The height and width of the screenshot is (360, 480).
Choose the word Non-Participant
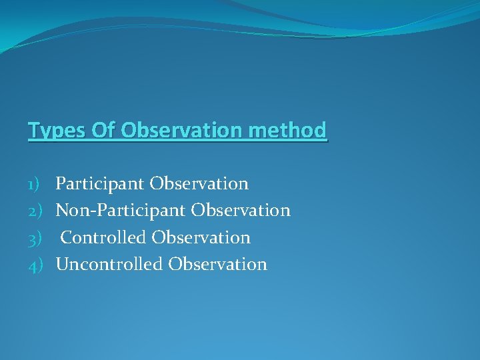click(x=121, y=211)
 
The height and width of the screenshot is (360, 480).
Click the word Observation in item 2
click(x=241, y=211)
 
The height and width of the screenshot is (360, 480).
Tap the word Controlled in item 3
click(x=104, y=237)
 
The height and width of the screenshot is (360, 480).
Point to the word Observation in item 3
click(x=201, y=237)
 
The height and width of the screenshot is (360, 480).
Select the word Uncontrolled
click(x=109, y=264)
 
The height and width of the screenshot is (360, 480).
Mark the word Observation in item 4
click(x=217, y=264)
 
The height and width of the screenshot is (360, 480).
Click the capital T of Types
click(x=33, y=129)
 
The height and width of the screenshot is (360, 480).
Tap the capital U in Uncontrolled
click(x=61, y=264)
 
